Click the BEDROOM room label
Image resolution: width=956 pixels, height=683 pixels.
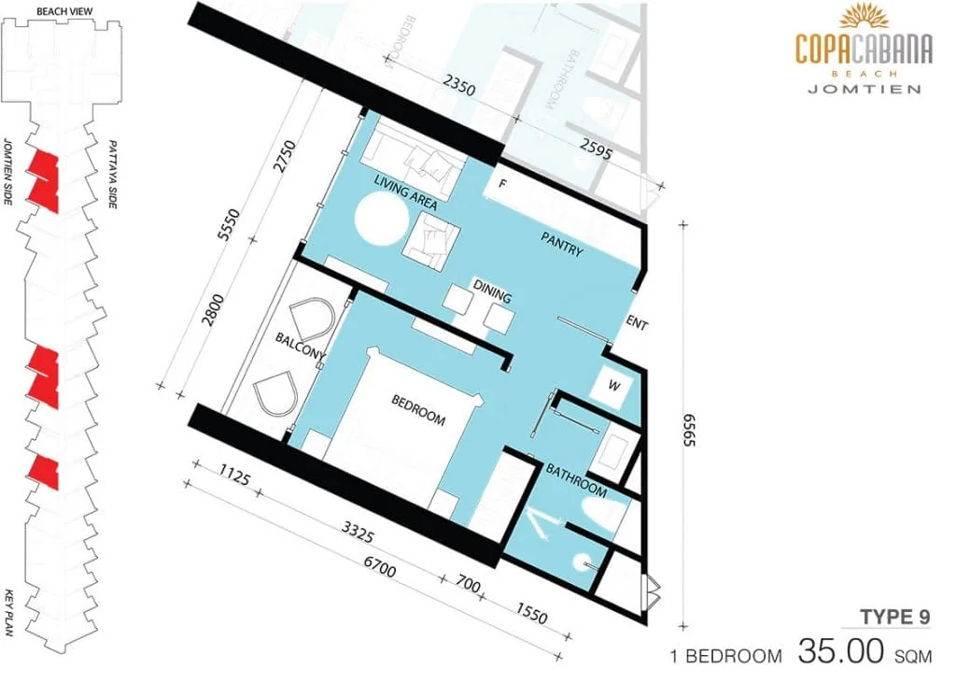[x=418, y=410]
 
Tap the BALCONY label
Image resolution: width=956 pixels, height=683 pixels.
[x=300, y=346]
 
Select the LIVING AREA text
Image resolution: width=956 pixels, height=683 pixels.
[x=405, y=192]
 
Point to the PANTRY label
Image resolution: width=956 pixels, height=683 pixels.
[x=561, y=244]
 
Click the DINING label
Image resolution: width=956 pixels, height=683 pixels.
[x=492, y=292]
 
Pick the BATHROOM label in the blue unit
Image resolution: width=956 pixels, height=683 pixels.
[x=576, y=481]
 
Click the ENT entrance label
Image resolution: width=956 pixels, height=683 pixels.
[x=636, y=323]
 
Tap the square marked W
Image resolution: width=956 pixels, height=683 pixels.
[x=614, y=386]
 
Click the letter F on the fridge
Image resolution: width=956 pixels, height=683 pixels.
[x=503, y=183]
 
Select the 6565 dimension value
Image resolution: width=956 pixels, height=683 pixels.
[x=689, y=431]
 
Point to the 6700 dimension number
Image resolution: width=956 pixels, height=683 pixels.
[x=379, y=568]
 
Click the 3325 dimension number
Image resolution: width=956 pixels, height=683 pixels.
[x=357, y=533]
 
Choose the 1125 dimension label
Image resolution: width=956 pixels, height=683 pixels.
[x=234, y=476]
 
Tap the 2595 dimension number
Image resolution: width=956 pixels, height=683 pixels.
[x=595, y=149]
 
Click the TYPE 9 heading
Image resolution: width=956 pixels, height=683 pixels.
[x=895, y=617]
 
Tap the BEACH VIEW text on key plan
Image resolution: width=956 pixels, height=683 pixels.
[x=64, y=11]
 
